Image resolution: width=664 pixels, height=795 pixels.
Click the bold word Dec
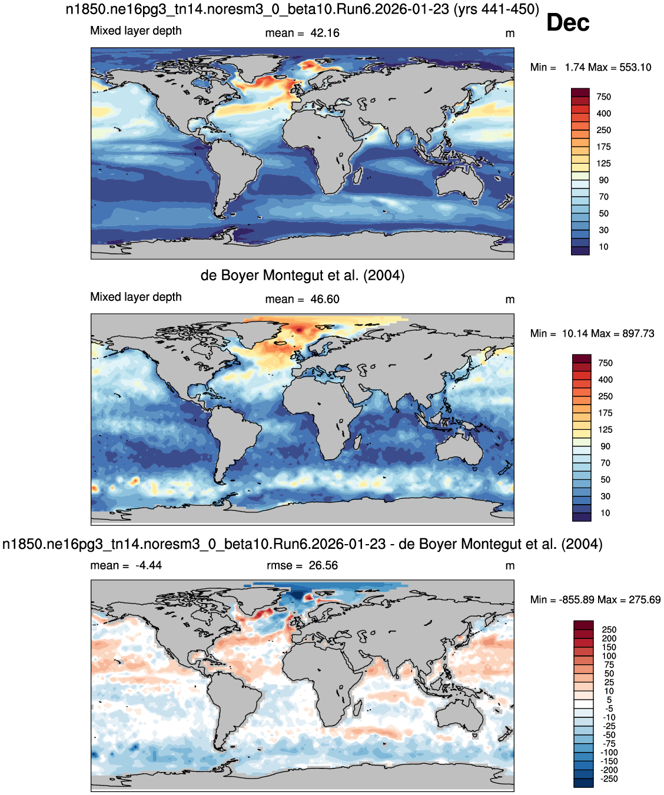pyautogui.click(x=567, y=22)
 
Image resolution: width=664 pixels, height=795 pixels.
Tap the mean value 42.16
pyautogui.click(x=325, y=33)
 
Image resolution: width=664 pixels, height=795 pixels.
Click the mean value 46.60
pyautogui.click(x=325, y=299)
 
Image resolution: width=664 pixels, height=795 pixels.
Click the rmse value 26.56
pyautogui.click(x=323, y=565)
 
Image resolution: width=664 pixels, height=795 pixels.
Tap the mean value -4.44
pyautogui.click(x=148, y=565)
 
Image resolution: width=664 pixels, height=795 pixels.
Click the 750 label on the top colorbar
pyautogui.click(x=604, y=97)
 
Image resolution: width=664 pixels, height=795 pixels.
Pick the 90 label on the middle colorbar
pyautogui.click(x=605, y=446)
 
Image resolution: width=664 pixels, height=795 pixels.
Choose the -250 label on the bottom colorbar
pyautogui.click(x=609, y=779)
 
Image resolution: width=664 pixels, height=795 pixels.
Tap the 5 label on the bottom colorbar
pyautogui.click(x=609, y=700)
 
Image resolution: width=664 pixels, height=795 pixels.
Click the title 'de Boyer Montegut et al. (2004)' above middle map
pyautogui.click(x=303, y=275)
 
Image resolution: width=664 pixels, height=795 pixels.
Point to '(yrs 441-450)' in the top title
pyautogui.click(x=496, y=9)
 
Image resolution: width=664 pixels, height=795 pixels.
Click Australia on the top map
pyautogui.click(x=460, y=185)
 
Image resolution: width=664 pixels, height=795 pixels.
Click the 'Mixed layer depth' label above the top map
pyautogui.click(x=136, y=31)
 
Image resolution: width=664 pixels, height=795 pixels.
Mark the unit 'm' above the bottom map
pyautogui.click(x=510, y=566)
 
